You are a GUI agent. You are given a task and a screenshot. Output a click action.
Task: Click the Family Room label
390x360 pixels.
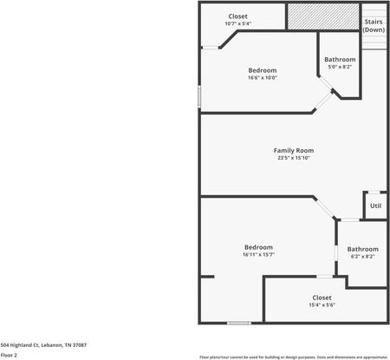click(293, 150)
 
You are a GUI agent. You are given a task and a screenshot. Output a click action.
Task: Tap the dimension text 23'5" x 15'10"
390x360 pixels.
click(293, 158)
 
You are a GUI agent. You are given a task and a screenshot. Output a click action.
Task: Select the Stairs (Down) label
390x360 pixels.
click(374, 25)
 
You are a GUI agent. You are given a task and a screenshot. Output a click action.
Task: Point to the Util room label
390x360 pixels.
click(375, 206)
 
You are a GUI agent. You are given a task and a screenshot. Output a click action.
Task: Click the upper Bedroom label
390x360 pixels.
click(262, 69)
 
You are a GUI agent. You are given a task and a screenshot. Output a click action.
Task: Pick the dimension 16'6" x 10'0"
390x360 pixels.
click(262, 77)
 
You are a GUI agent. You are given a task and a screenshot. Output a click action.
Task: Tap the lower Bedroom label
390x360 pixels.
click(258, 247)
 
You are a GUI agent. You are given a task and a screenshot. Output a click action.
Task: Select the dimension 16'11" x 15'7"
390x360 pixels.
click(258, 255)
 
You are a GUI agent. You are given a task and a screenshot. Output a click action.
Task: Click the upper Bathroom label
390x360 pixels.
click(340, 59)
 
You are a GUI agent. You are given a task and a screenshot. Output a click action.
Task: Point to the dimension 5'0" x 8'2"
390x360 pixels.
click(340, 67)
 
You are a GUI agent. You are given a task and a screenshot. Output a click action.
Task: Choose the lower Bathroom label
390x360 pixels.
click(362, 249)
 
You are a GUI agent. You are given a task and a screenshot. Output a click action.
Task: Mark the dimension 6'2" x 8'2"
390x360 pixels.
click(362, 257)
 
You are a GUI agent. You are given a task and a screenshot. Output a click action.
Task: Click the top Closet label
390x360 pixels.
click(237, 16)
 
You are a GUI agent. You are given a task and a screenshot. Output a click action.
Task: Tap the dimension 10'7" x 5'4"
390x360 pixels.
click(237, 23)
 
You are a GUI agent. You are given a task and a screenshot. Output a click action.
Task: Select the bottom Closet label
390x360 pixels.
click(322, 297)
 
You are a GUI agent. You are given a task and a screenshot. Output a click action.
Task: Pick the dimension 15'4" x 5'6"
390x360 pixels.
click(322, 304)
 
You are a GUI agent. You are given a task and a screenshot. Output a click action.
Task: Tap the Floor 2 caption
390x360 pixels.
click(9, 355)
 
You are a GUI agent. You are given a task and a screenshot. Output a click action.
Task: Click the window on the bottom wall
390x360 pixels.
click(239, 324)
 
